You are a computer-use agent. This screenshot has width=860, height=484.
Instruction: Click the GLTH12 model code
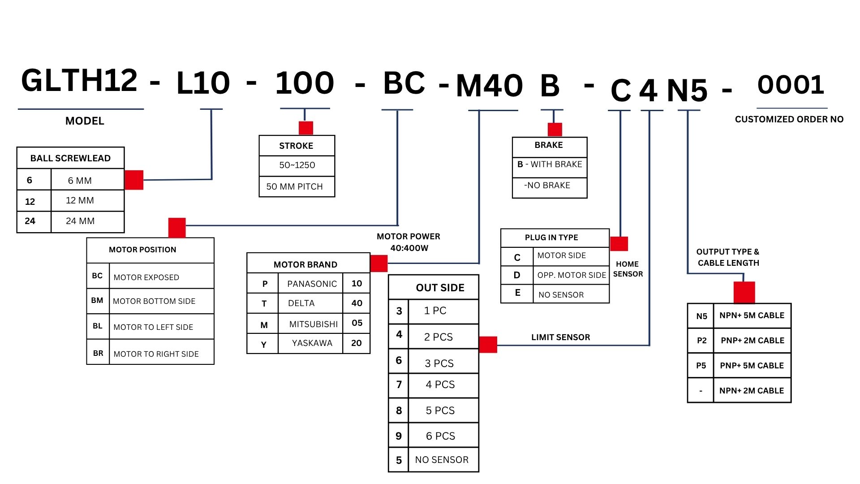click(79, 81)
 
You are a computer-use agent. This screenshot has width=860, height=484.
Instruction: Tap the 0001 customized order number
click(791, 85)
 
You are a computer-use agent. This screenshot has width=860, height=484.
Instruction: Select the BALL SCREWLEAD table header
click(70, 158)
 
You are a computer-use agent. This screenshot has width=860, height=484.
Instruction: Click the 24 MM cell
click(80, 221)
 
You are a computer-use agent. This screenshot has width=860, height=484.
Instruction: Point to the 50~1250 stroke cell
click(297, 165)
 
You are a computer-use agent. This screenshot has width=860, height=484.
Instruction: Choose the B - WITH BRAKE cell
click(550, 164)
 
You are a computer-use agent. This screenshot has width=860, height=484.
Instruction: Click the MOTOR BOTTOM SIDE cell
click(154, 301)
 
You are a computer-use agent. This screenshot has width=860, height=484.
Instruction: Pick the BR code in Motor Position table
click(98, 353)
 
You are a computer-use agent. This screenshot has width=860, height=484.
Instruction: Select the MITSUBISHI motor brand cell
click(313, 324)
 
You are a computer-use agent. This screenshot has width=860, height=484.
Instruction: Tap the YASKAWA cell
click(312, 343)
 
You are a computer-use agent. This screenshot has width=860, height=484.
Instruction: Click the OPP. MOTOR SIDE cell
click(572, 275)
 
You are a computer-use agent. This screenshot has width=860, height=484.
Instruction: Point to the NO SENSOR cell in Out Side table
click(442, 460)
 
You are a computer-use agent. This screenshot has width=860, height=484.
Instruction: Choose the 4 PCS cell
click(440, 385)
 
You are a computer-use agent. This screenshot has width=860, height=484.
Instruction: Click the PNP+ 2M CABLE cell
click(752, 341)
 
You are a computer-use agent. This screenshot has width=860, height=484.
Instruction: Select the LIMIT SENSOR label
click(560, 337)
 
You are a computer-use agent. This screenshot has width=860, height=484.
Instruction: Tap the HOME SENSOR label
click(628, 269)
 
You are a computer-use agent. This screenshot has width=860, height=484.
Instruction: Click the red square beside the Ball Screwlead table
click(134, 180)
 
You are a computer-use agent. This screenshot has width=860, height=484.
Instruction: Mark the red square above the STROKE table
click(306, 128)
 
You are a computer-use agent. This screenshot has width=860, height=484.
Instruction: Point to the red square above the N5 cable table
click(744, 292)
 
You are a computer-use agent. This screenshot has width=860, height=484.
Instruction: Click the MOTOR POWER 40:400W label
click(408, 242)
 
